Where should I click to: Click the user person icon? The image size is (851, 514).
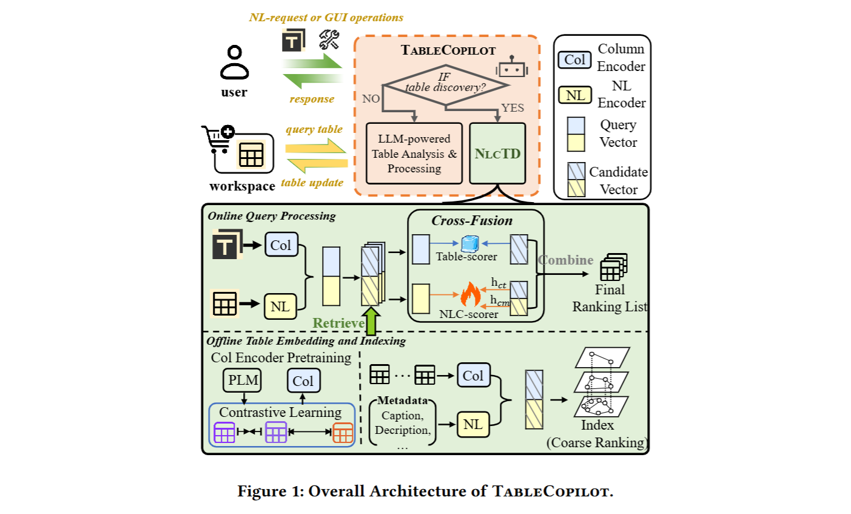pos(234,63)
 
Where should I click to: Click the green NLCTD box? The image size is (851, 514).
pos(497,154)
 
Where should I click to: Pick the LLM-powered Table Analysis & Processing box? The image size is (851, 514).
pos(414,154)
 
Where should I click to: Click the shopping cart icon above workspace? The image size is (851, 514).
pos(217,139)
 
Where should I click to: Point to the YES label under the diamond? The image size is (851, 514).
pos(513,108)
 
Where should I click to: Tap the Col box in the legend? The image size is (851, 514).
pos(574,59)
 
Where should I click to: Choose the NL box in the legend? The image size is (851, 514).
pos(574,95)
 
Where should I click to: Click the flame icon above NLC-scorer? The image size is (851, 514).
pos(470,295)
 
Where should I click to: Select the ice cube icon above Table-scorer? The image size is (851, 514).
pos(470,244)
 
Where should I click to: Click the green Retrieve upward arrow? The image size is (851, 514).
pos(371,320)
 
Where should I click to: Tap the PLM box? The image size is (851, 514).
pos(243,380)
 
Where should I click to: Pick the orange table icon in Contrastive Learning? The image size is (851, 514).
pos(343,433)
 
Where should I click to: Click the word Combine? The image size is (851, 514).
pos(566,260)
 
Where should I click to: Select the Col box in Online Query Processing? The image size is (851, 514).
pos(281,245)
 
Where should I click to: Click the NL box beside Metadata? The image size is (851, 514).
pos(473,424)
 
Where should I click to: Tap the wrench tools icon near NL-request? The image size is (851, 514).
pos(329,40)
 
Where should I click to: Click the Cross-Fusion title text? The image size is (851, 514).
pos(472,221)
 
